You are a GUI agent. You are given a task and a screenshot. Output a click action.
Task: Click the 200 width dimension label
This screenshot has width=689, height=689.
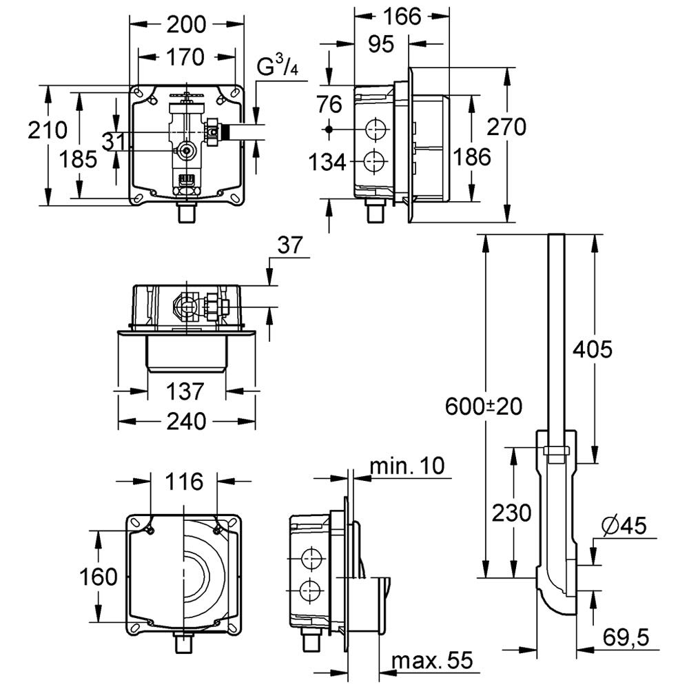point(186,24)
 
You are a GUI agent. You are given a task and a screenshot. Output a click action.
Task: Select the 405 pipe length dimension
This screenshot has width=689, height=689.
point(592,350)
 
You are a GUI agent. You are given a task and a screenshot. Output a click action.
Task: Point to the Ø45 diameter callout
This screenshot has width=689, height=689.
point(624,526)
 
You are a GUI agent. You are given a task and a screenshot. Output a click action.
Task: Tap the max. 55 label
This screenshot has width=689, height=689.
point(431,662)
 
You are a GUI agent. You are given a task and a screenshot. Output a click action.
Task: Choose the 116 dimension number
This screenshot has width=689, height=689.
point(185,481)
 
